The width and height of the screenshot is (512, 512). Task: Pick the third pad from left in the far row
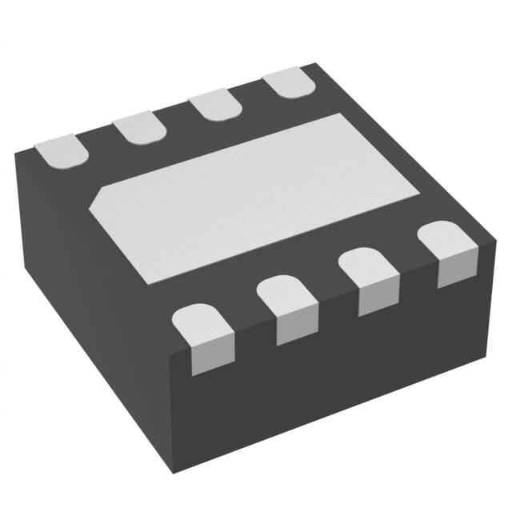click(216, 106)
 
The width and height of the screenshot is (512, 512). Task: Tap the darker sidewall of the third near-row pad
click(378, 298)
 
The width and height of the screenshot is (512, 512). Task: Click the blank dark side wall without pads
click(88, 272)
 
